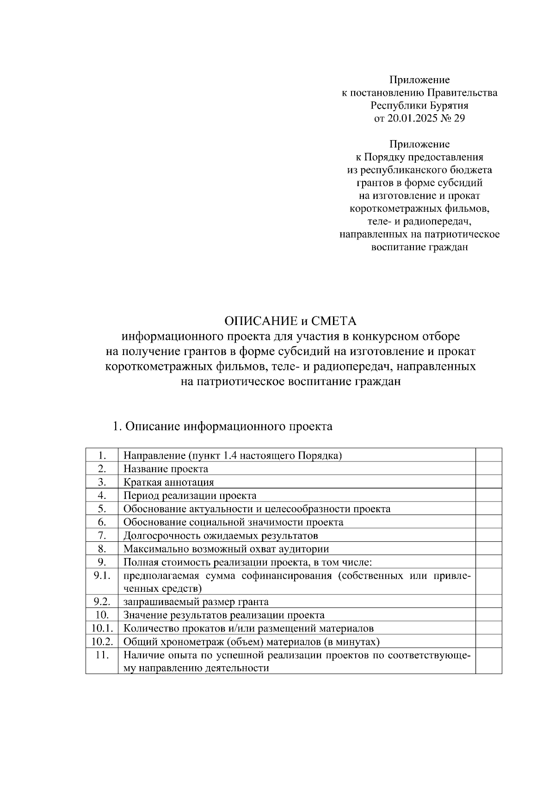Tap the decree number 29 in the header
pyautogui.click(x=460, y=119)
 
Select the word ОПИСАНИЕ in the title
pyautogui.click(x=260, y=321)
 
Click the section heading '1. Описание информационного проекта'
pyautogui.click(x=222, y=426)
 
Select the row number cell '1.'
pyautogui.click(x=102, y=455)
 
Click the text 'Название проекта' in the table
pyautogui.click(x=166, y=469)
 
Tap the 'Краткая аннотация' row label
pyautogui.click(x=168, y=482)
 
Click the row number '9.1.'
pyautogui.click(x=102, y=576)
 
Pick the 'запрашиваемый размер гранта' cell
pyautogui.click(x=196, y=602)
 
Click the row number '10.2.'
pyautogui.click(x=102, y=642)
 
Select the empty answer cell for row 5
pyautogui.click(x=488, y=509)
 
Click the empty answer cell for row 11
pyautogui.click(x=488, y=661)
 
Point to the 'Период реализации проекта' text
pyautogui.click(x=190, y=496)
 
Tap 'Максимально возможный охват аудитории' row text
pyautogui.click(x=226, y=549)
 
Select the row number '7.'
pyautogui.click(x=102, y=536)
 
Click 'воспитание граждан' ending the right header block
pyautogui.click(x=419, y=247)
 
